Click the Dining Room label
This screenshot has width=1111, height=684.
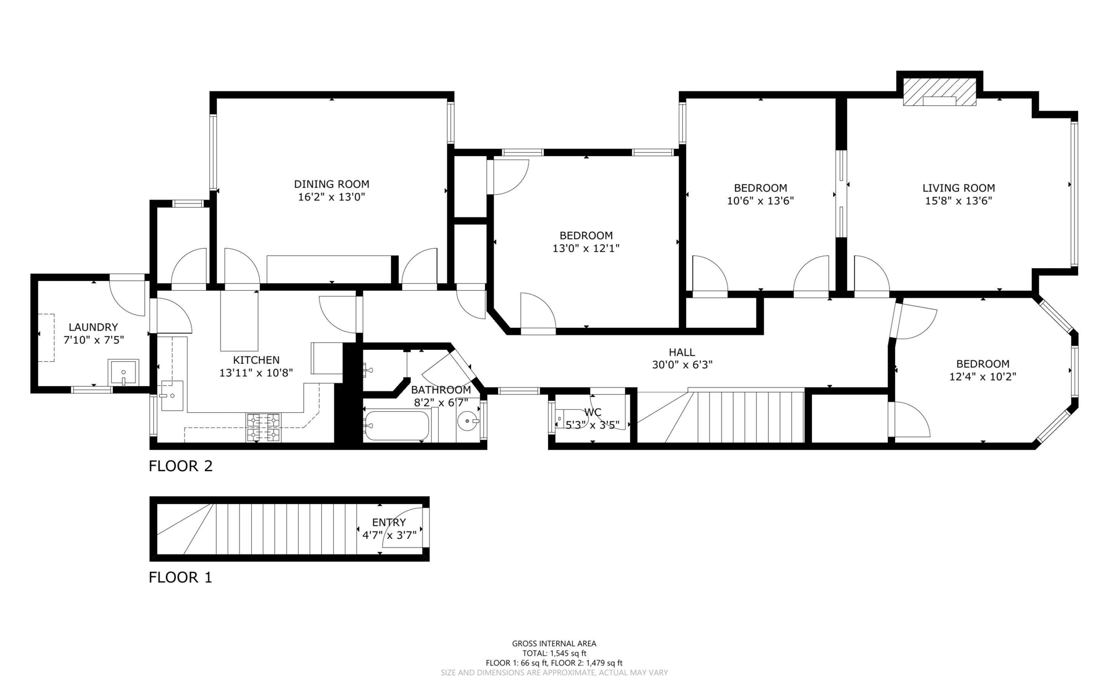click(332, 184)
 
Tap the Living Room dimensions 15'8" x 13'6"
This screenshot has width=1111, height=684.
click(959, 201)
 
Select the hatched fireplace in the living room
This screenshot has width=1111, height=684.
click(940, 93)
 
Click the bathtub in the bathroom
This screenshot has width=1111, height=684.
click(398, 426)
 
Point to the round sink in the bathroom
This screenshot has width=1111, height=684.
click(468, 421)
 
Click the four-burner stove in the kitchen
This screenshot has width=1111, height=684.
click(263, 427)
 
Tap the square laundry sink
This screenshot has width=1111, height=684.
click(123, 372)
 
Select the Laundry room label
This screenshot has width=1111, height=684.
click(93, 327)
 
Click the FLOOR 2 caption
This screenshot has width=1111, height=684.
click(181, 466)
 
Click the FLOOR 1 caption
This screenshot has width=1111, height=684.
click(181, 578)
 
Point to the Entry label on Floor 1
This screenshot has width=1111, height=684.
click(389, 523)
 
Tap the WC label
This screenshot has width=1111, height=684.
click(593, 412)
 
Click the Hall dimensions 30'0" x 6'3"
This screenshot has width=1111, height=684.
click(682, 365)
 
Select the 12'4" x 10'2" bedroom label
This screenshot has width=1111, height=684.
click(983, 370)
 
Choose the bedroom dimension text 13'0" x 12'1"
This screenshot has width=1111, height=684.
click(586, 248)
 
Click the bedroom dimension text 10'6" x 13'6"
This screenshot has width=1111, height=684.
click(760, 201)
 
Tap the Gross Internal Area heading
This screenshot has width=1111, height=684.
click(554, 644)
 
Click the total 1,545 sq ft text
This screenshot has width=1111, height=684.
click(554, 653)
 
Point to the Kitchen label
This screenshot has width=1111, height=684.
click(256, 360)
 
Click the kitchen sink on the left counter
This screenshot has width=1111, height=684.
click(172, 395)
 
